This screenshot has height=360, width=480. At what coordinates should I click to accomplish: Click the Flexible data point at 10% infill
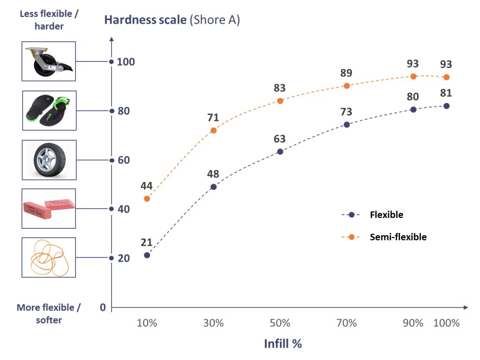147,255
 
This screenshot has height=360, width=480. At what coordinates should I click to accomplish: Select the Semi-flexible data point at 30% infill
214,130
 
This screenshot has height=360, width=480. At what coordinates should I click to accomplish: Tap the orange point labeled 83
280,101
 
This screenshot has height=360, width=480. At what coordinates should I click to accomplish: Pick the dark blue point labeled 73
347,125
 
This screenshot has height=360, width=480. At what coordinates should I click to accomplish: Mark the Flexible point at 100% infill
446,106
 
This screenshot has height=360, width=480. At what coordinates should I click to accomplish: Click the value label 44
147,186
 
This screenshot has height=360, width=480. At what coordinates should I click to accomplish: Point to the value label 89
346,73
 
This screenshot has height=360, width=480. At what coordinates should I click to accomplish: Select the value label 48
213,173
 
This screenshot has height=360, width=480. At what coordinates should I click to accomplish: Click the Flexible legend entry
386,215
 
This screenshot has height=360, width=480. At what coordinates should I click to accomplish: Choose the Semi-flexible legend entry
398,237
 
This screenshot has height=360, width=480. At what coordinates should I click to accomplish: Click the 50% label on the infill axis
280,323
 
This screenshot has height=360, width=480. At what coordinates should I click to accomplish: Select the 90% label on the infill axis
413,323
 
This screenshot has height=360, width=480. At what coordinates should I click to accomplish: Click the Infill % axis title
283,344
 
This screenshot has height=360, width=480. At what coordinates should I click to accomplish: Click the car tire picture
49,160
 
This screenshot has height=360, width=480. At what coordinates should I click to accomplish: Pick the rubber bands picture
49,257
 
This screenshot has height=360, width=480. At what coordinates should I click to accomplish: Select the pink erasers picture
49,209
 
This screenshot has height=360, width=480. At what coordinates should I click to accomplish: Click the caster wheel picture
49,61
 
